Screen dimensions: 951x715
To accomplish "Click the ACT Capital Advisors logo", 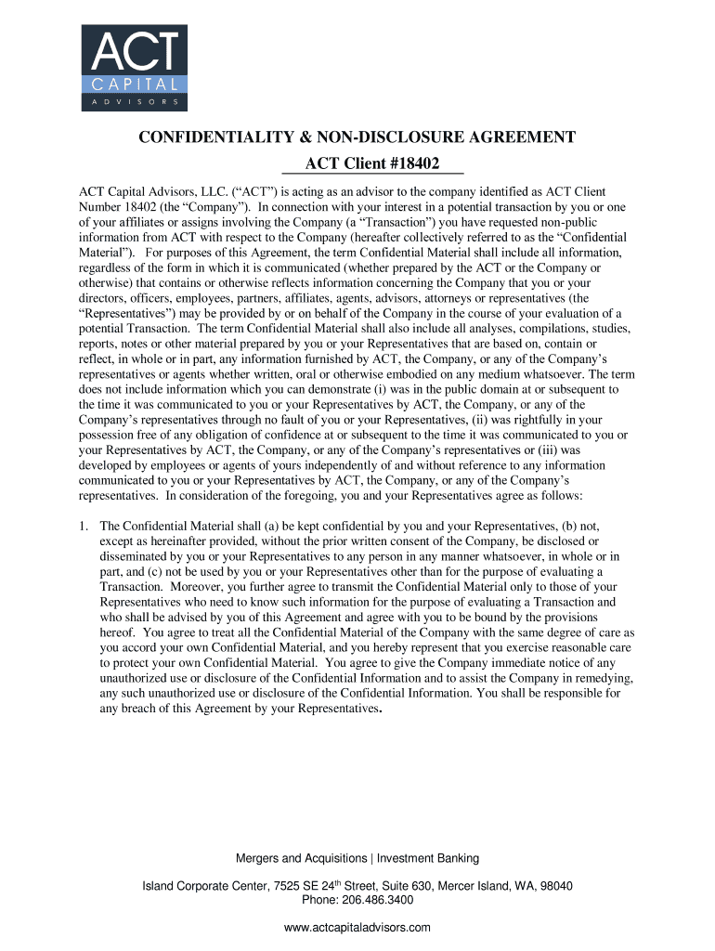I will (x=134, y=67).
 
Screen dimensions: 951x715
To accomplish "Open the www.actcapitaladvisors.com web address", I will (x=357, y=928).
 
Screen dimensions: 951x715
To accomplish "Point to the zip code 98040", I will (x=556, y=886).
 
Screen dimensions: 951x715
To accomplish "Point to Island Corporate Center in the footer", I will (x=200, y=886).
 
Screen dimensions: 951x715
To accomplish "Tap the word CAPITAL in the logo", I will (x=134, y=83).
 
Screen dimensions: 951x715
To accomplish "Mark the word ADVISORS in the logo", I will (x=134, y=100).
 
